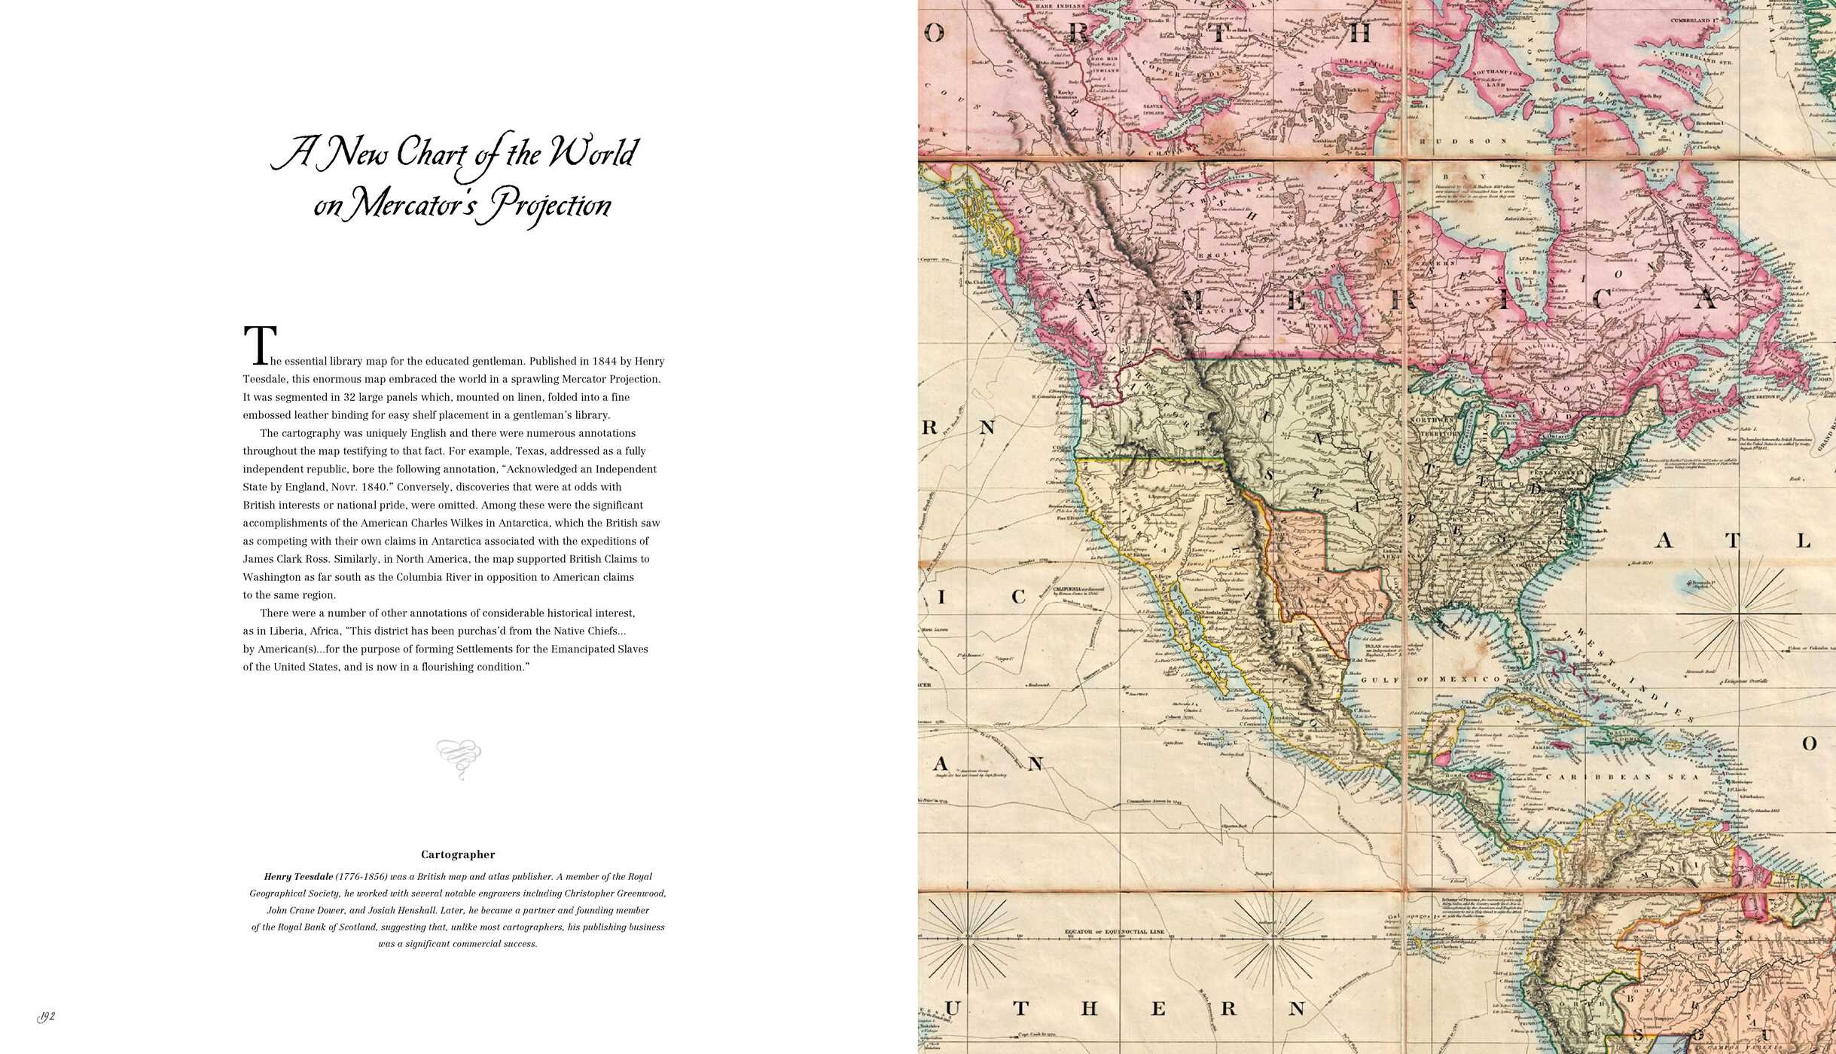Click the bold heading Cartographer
point(458,854)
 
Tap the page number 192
point(47,1017)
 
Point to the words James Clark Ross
point(283,559)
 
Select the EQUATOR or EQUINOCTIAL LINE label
point(1114,932)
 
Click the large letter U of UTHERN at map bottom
point(953,1009)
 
